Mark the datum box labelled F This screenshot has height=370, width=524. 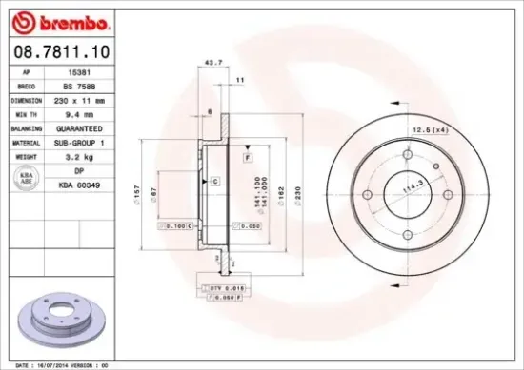pos(246,154)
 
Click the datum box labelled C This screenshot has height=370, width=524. pos(215,181)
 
